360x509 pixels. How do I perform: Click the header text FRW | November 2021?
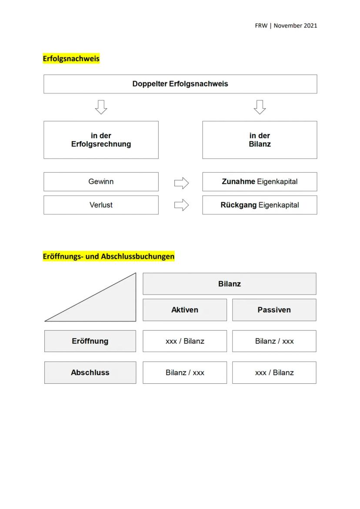(x=286, y=25)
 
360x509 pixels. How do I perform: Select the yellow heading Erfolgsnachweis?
(x=71, y=58)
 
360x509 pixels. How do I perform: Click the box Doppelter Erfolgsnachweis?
(x=180, y=84)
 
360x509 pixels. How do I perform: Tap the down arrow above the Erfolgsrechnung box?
(x=101, y=107)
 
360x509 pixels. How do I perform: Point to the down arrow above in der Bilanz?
(x=260, y=107)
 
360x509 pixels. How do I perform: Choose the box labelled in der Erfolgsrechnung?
(x=101, y=140)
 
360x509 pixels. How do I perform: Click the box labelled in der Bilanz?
(x=260, y=140)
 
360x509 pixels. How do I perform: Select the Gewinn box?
(x=101, y=182)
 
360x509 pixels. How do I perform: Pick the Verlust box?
(x=101, y=205)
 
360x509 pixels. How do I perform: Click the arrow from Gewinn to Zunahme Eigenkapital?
(x=181, y=183)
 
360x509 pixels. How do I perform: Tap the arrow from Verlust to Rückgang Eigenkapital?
(x=181, y=205)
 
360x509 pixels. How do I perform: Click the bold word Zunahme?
(x=238, y=182)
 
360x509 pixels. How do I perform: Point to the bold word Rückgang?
(x=238, y=205)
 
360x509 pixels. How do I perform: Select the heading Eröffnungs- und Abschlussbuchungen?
(x=108, y=256)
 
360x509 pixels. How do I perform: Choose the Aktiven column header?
(x=185, y=310)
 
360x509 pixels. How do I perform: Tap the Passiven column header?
(x=274, y=310)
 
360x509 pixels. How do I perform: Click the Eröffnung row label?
(x=90, y=341)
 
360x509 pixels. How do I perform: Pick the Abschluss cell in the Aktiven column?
(x=185, y=373)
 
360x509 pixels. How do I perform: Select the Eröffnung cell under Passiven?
(x=274, y=341)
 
